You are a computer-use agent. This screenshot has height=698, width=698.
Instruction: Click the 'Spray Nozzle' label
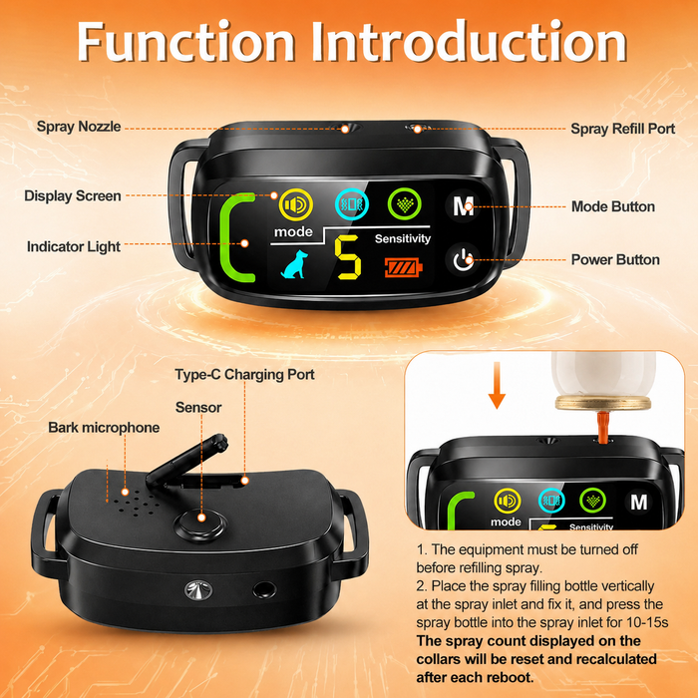[x=79, y=127]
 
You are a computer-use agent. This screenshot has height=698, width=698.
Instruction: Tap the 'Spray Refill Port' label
[x=623, y=129]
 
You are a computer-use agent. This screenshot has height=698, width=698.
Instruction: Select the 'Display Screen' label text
[x=73, y=195]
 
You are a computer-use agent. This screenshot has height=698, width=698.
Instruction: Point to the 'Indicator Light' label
[x=74, y=246]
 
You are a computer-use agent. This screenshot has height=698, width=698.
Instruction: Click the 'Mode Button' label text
[x=613, y=206]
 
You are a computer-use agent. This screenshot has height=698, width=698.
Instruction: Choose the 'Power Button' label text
[x=615, y=259]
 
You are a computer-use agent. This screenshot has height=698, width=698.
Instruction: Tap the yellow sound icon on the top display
[x=296, y=204]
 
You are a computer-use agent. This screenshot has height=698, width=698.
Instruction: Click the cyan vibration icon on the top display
[x=352, y=204]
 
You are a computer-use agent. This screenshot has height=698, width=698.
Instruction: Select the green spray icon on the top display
[x=404, y=204]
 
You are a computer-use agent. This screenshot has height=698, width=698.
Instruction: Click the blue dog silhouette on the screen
[x=294, y=264]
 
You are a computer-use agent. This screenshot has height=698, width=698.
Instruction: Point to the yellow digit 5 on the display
[x=348, y=257]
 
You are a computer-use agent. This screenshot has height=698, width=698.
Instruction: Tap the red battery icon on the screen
[x=403, y=268]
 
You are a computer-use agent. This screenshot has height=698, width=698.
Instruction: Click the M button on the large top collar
[x=463, y=206]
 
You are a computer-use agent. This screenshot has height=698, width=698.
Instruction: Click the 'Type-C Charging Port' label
[x=244, y=374]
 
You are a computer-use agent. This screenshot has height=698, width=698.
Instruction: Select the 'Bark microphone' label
[x=104, y=428]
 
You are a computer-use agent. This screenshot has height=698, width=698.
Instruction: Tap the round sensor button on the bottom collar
[x=200, y=524]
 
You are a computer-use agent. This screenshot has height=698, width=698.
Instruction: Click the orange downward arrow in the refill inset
[x=497, y=385]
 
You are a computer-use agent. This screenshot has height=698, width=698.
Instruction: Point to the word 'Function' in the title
[x=186, y=42]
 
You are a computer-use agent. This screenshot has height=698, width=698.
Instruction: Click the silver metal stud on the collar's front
[x=198, y=590]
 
